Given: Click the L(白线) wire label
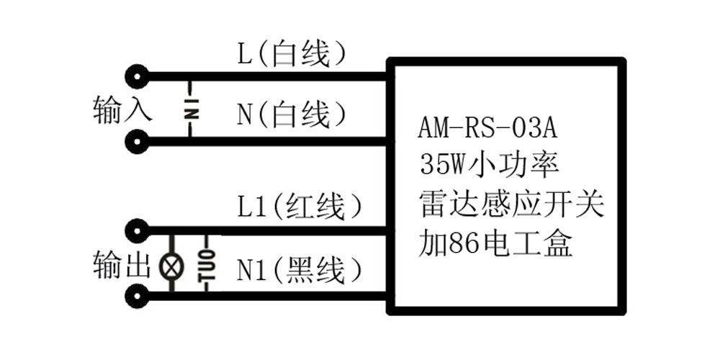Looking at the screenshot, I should [292, 53].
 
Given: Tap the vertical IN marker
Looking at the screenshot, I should [191, 109].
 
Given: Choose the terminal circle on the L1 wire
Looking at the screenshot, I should [136, 230].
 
